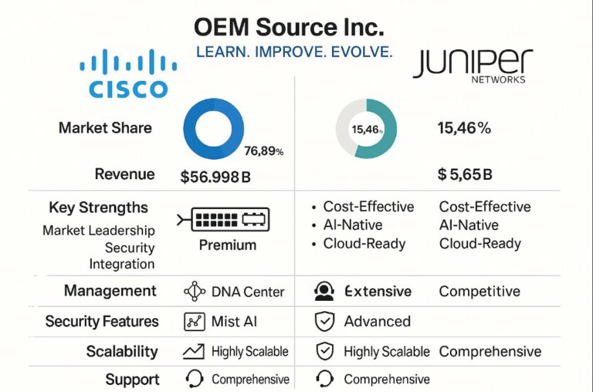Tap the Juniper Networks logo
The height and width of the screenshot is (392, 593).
[473, 66]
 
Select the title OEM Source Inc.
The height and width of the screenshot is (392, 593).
[288, 28]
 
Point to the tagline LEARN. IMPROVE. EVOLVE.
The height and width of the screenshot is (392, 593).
[294, 52]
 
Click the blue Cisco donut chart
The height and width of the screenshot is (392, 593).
[214, 128]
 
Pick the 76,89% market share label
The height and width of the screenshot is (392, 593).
[263, 151]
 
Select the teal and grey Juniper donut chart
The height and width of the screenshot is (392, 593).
[366, 128]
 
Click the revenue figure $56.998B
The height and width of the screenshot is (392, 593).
[215, 176]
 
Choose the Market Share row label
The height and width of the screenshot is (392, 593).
[105, 128]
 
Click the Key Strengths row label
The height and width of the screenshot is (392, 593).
[98, 208]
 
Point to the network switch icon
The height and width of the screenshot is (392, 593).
[224, 220]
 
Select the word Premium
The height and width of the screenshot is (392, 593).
[228, 245]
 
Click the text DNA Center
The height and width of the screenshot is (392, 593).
[247, 292]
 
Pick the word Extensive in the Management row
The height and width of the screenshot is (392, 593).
[378, 292]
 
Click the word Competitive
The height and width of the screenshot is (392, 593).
[479, 292]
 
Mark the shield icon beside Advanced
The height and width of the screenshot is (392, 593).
[324, 322]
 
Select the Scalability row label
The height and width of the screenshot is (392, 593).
[122, 352]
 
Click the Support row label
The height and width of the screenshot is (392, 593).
[133, 380]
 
